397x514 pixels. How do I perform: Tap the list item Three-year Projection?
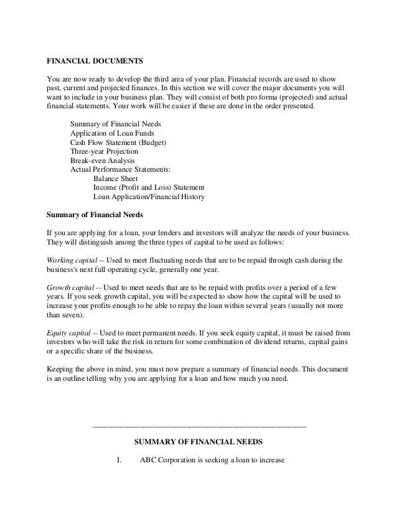104,151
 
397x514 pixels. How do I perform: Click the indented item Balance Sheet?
119,179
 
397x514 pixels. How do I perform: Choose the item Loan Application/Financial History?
149,197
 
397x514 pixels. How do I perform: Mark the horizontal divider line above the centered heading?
198,426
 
